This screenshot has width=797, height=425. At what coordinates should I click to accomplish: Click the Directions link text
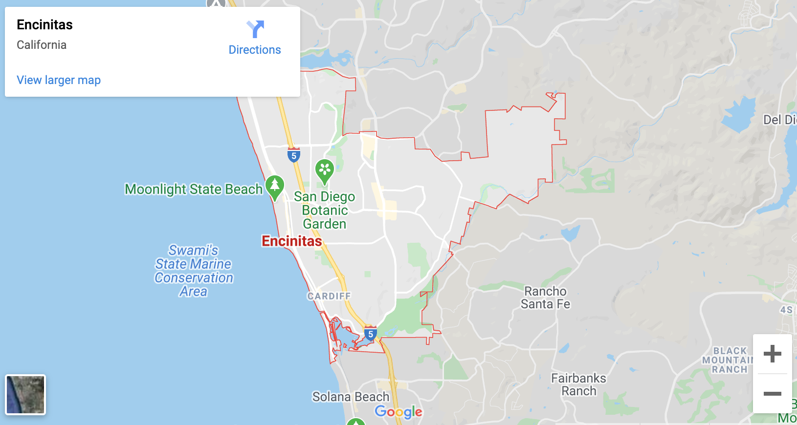(255, 50)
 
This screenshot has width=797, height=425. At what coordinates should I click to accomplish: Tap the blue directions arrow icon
(255, 29)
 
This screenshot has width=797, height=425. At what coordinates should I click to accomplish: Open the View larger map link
(59, 80)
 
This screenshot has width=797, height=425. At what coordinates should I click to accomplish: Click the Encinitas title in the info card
(44, 25)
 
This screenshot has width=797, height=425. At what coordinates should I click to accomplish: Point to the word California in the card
(42, 45)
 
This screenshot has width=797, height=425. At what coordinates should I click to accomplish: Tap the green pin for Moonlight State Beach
(275, 187)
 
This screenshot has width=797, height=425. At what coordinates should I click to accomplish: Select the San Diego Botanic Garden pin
(324, 171)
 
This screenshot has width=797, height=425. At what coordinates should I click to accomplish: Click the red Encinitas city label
(292, 241)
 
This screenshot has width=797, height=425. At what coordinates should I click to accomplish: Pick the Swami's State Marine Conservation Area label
(194, 271)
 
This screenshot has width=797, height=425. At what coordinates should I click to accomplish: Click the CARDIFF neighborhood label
(329, 296)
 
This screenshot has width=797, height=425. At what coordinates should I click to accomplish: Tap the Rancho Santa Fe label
(545, 297)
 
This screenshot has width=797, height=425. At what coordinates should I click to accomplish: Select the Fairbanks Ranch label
(578, 384)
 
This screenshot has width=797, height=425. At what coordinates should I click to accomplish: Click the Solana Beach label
(351, 397)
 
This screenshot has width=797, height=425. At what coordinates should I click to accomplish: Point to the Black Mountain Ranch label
(729, 360)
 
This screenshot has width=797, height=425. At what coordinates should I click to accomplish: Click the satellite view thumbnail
(25, 395)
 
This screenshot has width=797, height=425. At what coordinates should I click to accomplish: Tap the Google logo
(398, 412)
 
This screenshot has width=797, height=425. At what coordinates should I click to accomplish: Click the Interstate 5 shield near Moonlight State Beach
(293, 155)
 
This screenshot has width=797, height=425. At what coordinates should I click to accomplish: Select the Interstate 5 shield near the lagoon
(371, 334)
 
